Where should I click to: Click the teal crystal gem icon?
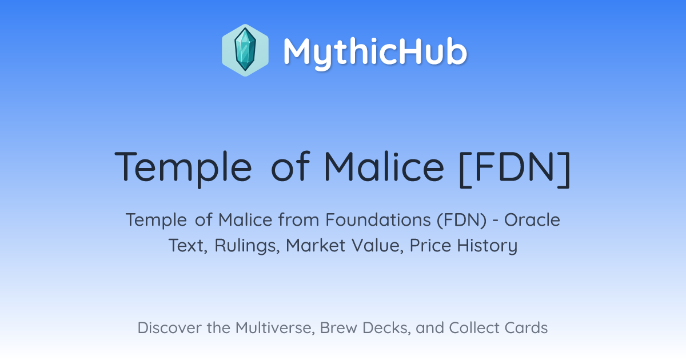coord(245,50)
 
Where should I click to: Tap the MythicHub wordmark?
coord(375,52)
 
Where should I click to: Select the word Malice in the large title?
coord(384,166)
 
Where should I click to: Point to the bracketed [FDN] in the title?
coord(515,168)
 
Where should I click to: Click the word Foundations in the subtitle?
coord(378,220)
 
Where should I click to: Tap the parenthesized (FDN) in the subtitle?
coord(462,221)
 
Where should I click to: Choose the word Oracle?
coord(532,220)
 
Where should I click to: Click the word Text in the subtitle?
coord(188,246)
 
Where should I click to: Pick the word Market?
coord(316,246)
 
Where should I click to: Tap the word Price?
coord(430,246)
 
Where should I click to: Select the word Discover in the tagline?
coord(170,328)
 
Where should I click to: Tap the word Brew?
coord(338,328)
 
